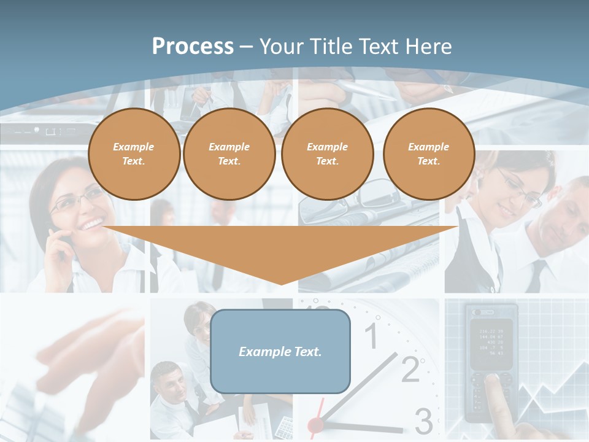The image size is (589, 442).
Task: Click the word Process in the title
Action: (x=193, y=47)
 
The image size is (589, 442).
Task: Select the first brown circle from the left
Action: (x=134, y=154)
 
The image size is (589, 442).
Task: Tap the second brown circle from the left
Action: (x=229, y=154)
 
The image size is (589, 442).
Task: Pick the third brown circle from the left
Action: (x=327, y=154)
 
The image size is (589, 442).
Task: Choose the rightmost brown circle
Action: (x=428, y=154)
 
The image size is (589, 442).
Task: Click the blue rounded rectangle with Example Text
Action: (x=280, y=352)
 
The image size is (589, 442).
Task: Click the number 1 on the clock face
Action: (x=371, y=336)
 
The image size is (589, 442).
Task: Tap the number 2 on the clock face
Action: (x=410, y=369)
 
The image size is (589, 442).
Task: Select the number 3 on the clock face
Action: (x=423, y=421)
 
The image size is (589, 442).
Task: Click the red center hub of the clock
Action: (x=315, y=424)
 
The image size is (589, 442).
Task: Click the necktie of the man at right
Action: (x=537, y=276)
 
